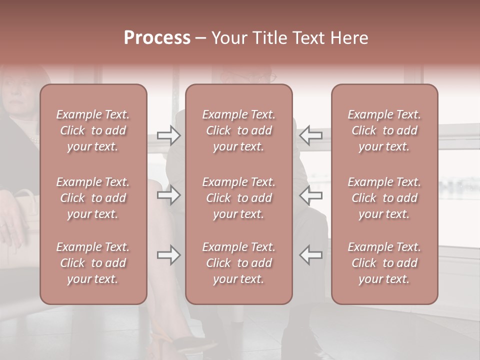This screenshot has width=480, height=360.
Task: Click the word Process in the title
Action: [x=157, y=37]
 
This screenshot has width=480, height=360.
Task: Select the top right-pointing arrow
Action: [x=168, y=135]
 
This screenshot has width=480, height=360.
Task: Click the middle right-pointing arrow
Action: [x=168, y=195]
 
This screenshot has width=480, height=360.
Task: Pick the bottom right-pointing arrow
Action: [x=168, y=255]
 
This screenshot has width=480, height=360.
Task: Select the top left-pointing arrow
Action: [x=311, y=135]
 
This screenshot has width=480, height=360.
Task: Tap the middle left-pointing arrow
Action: [x=311, y=195]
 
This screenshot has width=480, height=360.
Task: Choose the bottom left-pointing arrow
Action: [x=311, y=255]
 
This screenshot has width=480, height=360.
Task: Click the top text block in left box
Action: [x=93, y=130]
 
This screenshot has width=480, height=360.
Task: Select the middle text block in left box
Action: [x=93, y=198]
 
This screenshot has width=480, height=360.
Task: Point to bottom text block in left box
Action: [x=93, y=263]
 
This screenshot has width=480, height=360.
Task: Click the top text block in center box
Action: [x=239, y=130]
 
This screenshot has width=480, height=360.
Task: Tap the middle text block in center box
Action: [x=239, y=198]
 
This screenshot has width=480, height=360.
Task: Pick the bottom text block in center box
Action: [x=239, y=263]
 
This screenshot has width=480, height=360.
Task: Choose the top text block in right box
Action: [x=384, y=130]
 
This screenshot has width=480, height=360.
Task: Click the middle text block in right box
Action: [x=384, y=198]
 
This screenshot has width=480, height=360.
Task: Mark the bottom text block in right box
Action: [x=384, y=263]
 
